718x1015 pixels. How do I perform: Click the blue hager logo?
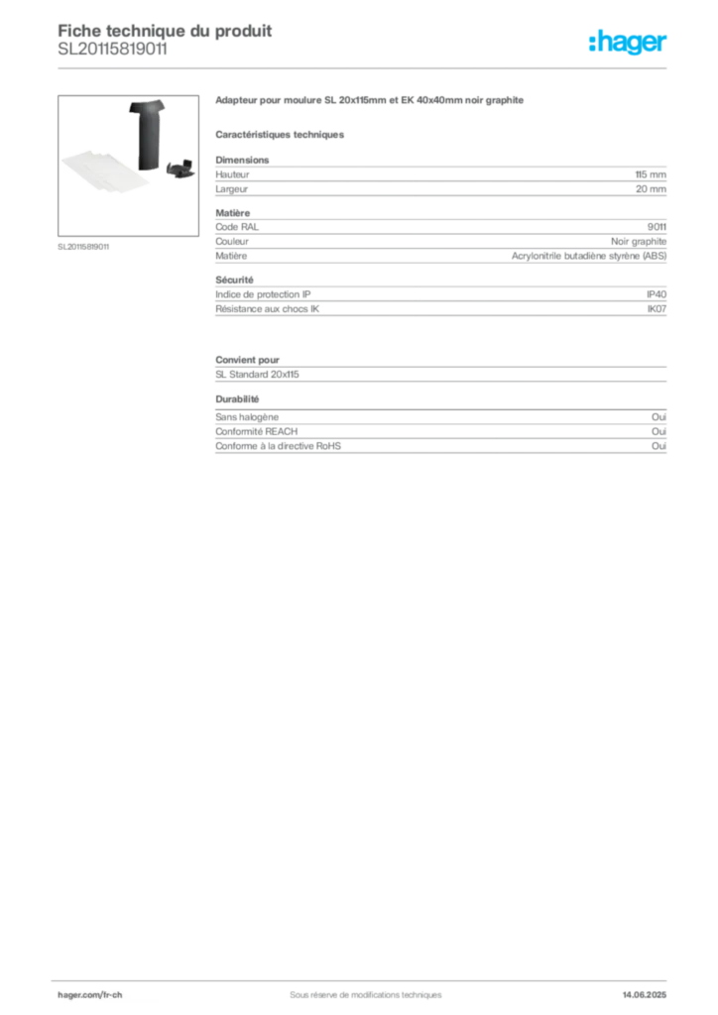(629, 43)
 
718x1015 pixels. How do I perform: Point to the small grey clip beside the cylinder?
(182, 169)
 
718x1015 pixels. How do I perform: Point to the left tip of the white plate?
(62, 164)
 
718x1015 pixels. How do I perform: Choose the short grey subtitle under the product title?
(282, 133)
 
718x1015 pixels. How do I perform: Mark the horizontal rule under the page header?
(365, 68)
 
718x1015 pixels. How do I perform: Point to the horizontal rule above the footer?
(365, 976)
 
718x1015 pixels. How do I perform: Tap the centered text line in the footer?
(357, 988)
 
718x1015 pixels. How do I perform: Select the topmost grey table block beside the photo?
(440, 177)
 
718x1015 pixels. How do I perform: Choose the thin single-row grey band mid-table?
(440, 377)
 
